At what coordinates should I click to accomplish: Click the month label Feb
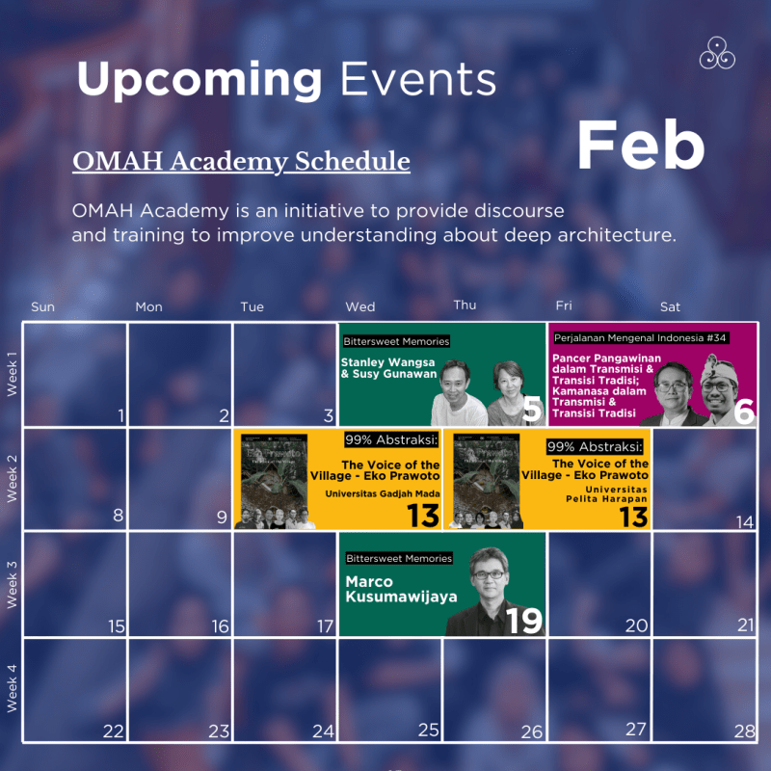[640, 145]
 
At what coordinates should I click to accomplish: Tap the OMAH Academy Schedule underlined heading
[241, 160]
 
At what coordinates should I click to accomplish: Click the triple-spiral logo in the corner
[717, 53]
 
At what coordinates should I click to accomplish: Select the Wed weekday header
[359, 306]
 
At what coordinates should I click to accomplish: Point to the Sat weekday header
[670, 306]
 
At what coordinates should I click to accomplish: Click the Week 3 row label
[13, 582]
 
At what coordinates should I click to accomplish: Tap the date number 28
[743, 731]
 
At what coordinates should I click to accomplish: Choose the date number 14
[743, 521]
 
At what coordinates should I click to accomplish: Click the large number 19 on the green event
[523, 621]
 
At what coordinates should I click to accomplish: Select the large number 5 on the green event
[531, 411]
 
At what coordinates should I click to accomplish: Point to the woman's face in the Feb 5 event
[508, 384]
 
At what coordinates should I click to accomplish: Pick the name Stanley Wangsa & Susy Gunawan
[388, 367]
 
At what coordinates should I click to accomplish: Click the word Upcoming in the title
[199, 78]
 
